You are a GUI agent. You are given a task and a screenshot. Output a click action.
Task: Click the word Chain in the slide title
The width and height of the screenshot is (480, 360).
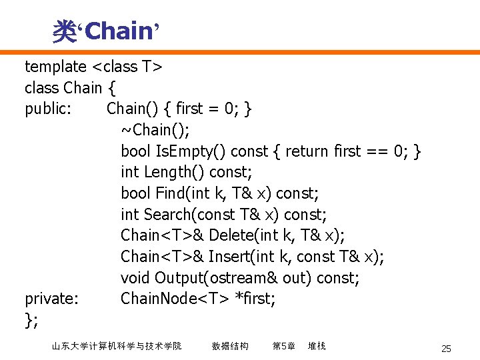tap(119, 30)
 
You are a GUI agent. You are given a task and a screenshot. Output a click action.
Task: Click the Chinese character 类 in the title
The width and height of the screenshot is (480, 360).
tap(65, 31)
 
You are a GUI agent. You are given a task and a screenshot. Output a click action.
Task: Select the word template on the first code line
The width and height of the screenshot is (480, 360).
tap(55, 67)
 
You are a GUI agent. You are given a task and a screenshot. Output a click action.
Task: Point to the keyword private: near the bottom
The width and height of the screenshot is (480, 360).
tap(51, 299)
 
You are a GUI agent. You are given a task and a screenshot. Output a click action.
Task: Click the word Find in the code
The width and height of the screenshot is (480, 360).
tap(170, 193)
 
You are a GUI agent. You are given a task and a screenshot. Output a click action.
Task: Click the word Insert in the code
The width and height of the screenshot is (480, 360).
tap(231, 257)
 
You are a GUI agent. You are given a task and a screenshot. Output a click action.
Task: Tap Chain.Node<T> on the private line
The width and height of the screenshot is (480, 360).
tap(174, 299)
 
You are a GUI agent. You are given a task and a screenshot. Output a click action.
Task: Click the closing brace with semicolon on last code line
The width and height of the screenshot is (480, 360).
tap(31, 321)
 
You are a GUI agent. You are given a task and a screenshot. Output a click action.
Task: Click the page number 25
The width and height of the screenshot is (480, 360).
tap(446, 349)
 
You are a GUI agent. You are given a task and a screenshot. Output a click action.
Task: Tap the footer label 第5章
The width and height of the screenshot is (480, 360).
tap(283, 346)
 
